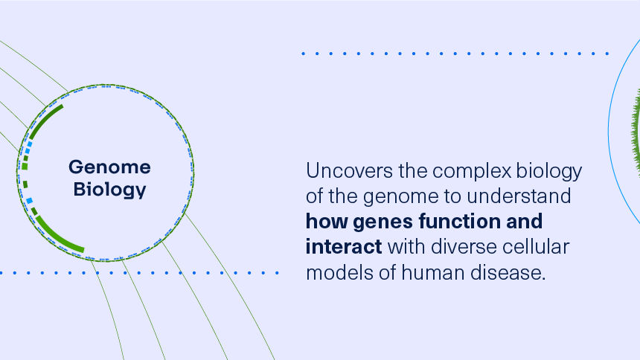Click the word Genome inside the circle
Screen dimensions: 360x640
coord(109,167)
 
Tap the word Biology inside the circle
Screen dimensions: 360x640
coord(109,190)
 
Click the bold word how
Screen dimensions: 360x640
coord(326,222)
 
